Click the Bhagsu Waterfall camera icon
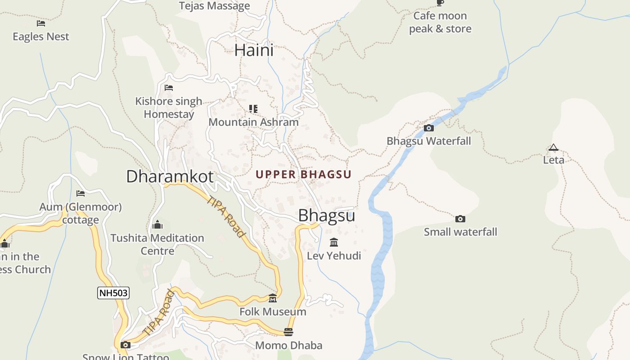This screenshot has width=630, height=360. coord(429,128)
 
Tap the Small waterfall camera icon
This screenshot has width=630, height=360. coord(460,219)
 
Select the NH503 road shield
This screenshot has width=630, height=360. coord(113,293)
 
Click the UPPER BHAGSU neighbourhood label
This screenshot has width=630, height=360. coord(303,175)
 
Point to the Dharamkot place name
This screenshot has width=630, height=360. coord(170,176)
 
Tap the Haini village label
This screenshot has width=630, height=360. coord(254,50)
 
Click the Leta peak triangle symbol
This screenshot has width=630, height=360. coord(553,147)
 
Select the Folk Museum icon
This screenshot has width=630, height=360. coord(273,298)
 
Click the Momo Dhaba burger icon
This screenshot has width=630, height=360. coord(288,332)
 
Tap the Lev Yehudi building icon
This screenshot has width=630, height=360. coord(334,243)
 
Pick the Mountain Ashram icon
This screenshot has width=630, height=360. coord(253,109)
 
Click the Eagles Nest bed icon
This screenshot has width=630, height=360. coord(41,23)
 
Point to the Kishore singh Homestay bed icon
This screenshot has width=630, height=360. coord(169,87)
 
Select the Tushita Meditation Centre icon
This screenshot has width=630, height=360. coord(157,224)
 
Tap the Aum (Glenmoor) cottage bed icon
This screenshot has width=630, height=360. coord(81,193)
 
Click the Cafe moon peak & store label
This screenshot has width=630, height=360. coord(440,22)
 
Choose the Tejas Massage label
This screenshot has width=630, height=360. coord(214,6)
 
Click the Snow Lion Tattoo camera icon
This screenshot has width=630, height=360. coord(126,345)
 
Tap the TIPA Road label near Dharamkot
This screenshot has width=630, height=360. coord(226,216)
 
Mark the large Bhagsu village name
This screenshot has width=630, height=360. coord(326,216)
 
